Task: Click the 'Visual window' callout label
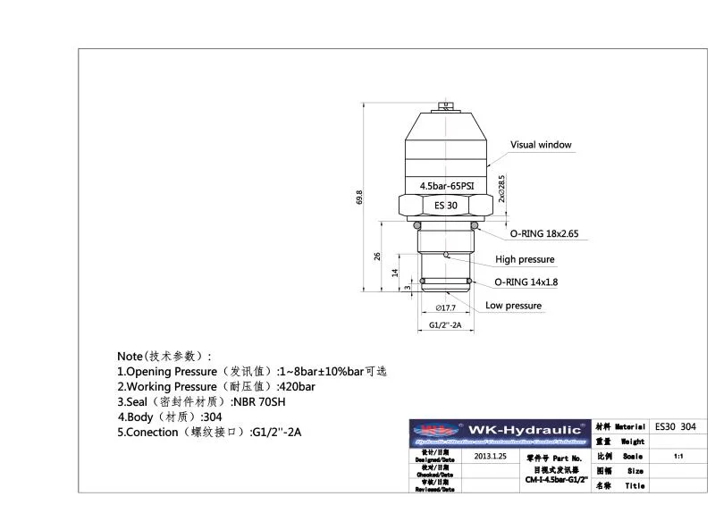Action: click(540, 145)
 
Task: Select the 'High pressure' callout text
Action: click(525, 259)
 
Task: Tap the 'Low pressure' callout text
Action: click(513, 306)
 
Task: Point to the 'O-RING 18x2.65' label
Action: click(545, 233)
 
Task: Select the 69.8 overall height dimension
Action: click(359, 197)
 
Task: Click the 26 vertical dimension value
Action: click(377, 257)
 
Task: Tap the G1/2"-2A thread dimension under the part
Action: click(444, 325)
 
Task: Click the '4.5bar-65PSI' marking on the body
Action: click(447, 186)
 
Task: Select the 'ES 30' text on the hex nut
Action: click(446, 206)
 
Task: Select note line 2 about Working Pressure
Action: click(215, 386)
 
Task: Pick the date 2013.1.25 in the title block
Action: click(490, 456)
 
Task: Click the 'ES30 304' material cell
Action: click(675, 426)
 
